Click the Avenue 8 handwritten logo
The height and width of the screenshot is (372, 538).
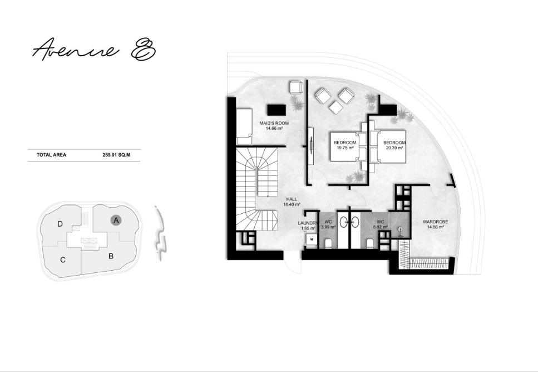93,49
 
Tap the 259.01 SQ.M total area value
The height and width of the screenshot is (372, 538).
116,155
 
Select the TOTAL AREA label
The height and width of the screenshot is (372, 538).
52,155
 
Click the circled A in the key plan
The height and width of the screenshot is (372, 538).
116,220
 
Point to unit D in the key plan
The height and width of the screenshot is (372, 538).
60,224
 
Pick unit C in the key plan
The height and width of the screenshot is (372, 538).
62,260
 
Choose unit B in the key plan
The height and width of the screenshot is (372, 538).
111,256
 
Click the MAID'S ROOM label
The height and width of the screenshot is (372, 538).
274,123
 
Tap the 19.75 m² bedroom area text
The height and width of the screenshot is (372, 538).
345,148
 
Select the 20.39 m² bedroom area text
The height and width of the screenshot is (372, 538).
394,148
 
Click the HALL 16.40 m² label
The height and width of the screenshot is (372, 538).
292,202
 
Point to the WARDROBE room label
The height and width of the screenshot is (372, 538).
436,222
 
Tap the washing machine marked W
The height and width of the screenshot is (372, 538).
312,239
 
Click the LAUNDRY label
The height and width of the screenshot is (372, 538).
308,223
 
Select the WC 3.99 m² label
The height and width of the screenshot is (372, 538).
328,224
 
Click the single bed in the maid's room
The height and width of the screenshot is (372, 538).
244,127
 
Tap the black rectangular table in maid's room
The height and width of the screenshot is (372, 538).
277,110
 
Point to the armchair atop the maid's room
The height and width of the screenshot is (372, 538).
296,87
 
